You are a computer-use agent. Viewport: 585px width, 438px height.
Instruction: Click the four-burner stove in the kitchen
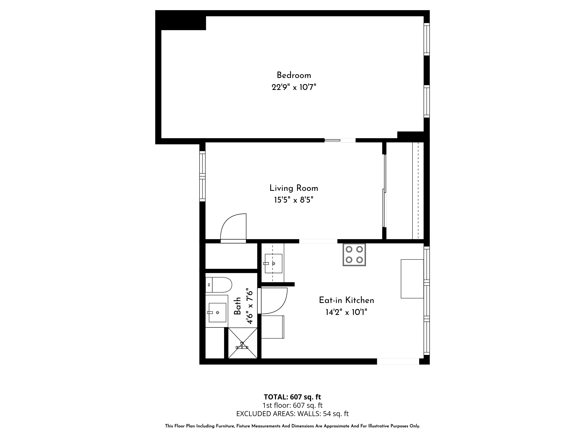354,254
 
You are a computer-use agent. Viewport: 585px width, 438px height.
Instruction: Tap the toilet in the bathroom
219,285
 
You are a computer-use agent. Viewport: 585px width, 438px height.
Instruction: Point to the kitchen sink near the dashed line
273,264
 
